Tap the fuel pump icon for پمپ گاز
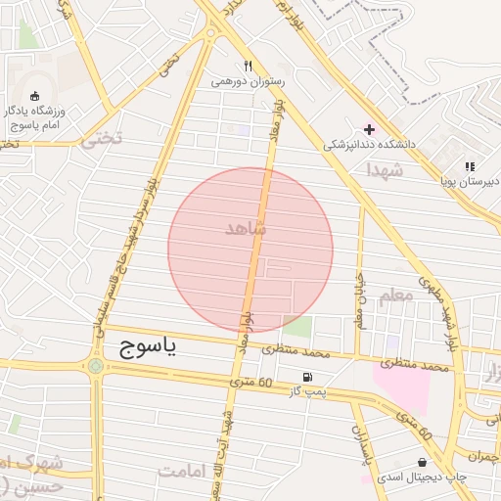309,377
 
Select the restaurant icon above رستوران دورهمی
249,67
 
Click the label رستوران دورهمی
249,82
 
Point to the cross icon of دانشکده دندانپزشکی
369,129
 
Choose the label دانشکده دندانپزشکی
370,144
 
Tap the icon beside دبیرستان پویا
470,167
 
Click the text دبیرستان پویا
469,182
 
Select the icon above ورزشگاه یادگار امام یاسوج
36,96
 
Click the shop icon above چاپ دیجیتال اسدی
422,462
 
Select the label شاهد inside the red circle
246,228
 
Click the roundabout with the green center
95,367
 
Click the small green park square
297,327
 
